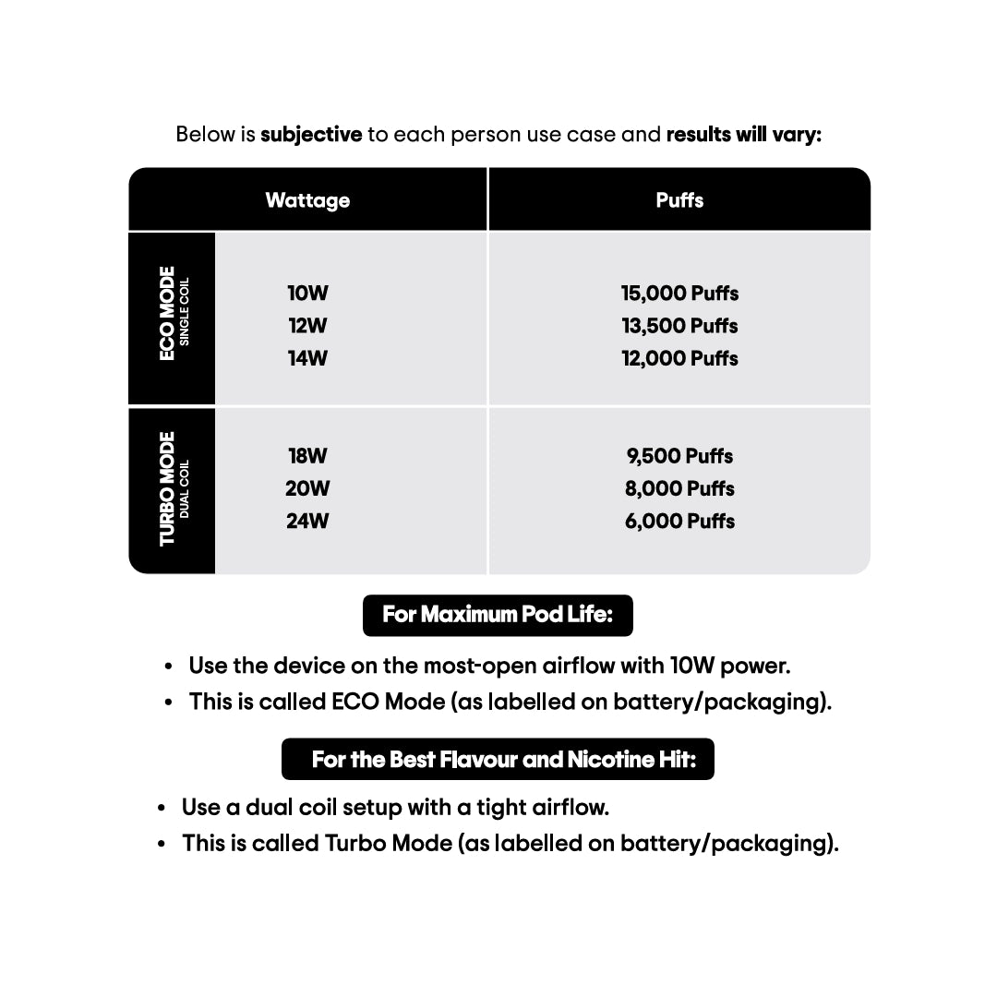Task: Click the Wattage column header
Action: coord(307,200)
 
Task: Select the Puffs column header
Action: coord(679,200)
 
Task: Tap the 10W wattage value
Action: coord(307,294)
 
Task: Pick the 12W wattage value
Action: coord(307,326)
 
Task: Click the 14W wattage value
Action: coord(307,358)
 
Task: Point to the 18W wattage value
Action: coord(307,456)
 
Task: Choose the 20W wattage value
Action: coord(307,488)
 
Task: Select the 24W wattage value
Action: coord(307,521)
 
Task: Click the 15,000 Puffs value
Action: coord(679,294)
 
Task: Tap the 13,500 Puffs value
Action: coord(679,326)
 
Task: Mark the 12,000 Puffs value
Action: coord(679,358)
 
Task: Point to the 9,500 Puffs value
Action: coord(679,456)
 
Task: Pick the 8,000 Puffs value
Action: coord(679,488)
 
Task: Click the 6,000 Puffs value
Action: coord(679,521)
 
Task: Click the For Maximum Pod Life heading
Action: coord(498,615)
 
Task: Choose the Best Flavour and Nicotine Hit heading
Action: coord(498,759)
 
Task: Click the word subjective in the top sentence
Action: coord(311,135)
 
